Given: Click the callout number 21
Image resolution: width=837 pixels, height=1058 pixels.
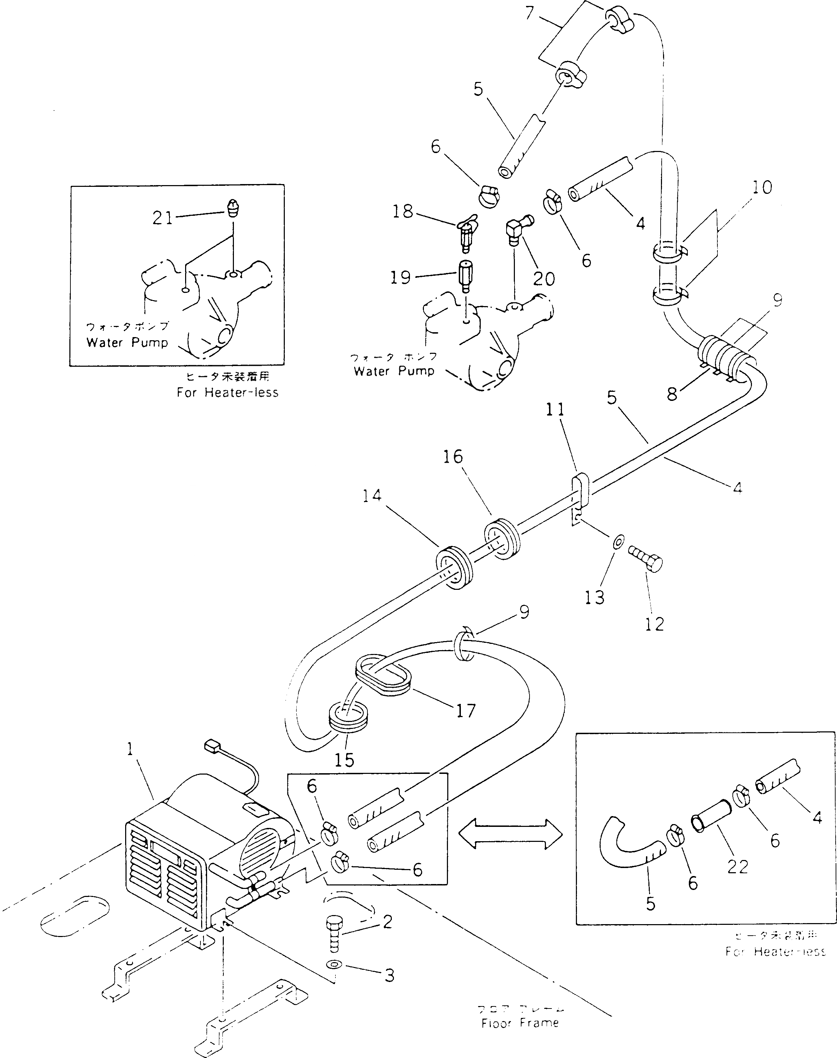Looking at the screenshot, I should (x=163, y=218).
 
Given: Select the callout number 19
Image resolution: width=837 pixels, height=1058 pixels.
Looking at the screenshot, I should (x=400, y=277).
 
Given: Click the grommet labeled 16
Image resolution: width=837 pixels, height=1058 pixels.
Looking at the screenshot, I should (x=501, y=539).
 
